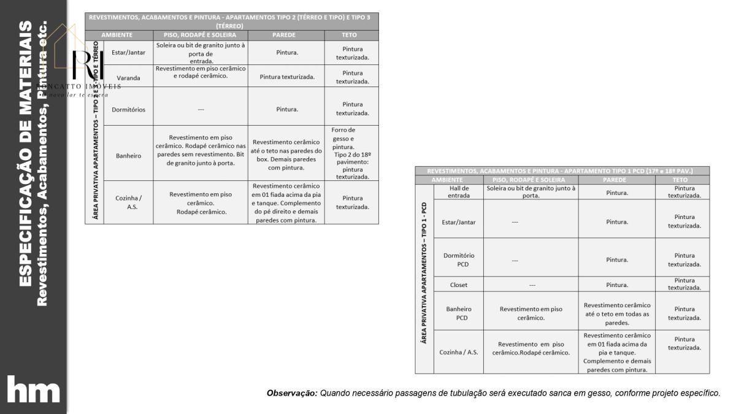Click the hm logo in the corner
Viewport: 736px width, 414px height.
33,391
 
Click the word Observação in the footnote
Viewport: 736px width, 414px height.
291,393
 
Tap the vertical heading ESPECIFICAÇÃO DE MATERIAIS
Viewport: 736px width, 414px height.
25,153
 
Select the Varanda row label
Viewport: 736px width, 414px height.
128,78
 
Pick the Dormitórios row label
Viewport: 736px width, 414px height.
128,109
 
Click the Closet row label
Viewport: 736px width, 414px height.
458,285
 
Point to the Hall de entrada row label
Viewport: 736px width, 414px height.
458,192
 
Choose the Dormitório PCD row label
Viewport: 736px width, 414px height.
458,259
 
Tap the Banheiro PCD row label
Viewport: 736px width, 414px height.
458,313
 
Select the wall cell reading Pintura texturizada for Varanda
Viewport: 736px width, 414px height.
286,77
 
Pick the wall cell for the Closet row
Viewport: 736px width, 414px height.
616,285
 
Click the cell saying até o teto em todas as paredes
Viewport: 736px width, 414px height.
616,313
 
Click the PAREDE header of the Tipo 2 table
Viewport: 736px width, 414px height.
286,35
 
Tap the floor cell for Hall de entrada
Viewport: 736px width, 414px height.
531,192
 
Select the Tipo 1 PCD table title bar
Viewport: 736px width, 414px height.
562,171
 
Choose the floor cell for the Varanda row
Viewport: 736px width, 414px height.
201,72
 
